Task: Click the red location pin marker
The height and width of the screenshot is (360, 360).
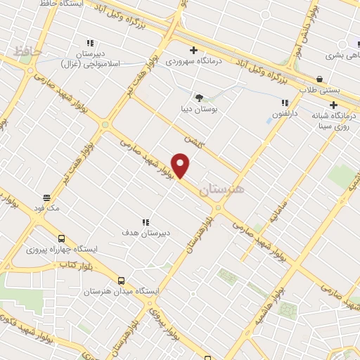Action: (x=181, y=165)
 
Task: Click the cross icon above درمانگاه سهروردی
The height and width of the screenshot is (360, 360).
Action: (x=193, y=50)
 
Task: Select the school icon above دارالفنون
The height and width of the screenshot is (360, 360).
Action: (x=285, y=103)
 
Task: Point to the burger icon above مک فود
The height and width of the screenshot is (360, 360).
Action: (x=46, y=198)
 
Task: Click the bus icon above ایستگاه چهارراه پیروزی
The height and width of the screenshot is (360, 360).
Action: (x=61, y=238)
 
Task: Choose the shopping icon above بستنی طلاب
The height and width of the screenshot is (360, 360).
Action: (x=320, y=79)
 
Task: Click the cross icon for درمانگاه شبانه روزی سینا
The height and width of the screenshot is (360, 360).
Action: (x=333, y=105)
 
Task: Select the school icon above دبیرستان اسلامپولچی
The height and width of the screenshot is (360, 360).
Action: (x=90, y=43)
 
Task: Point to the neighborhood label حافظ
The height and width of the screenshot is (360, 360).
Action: (x=28, y=51)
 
